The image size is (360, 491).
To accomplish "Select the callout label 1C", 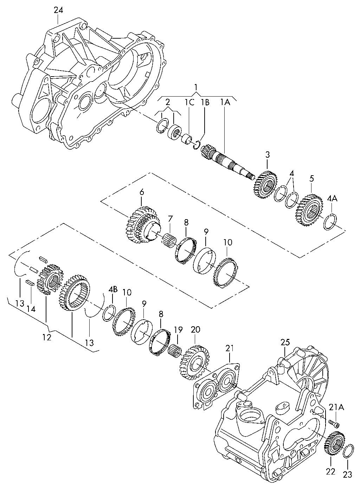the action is [189, 102].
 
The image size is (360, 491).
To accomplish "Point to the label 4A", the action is [332, 199].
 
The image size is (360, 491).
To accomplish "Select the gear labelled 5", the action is [309, 210].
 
